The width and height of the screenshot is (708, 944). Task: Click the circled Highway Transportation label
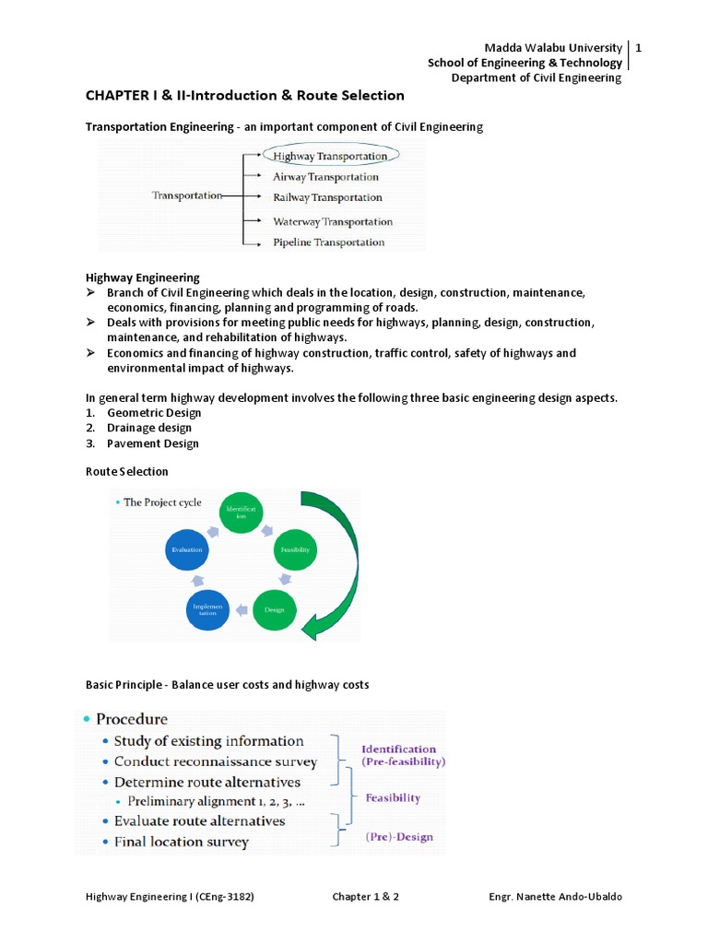point(329,156)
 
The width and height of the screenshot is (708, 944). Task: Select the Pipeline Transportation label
point(328,242)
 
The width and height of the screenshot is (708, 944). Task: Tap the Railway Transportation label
point(326,197)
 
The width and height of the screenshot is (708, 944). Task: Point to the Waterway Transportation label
point(332,221)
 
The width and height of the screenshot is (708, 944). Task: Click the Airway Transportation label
point(325,177)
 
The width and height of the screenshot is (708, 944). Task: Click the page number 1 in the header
point(638,48)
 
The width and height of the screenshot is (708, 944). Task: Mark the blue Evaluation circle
point(185,550)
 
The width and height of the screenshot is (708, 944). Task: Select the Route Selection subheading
point(127,471)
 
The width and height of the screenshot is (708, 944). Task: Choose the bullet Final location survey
point(181,842)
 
